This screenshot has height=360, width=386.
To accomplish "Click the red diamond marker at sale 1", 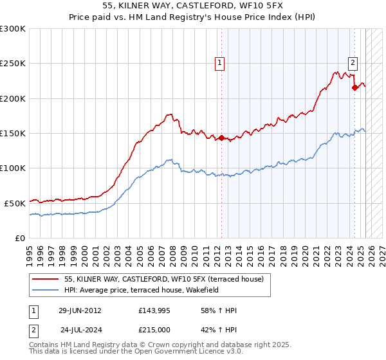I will pos(221,138).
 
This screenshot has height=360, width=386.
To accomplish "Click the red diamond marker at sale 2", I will pos(354,88).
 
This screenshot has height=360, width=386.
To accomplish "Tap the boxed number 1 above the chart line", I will pos(220,62).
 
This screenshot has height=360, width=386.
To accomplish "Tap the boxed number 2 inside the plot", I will pos(354,62).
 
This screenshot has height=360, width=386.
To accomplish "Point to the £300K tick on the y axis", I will pos(13,29).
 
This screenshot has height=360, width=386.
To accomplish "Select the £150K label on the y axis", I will pos(13,133).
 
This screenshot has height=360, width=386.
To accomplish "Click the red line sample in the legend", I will pos(46,279).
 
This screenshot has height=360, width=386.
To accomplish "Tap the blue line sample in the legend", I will pos(46,290).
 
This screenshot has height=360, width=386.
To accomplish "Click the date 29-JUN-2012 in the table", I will pos(80,310).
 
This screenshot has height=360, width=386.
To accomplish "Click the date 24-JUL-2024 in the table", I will pos(80,330).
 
